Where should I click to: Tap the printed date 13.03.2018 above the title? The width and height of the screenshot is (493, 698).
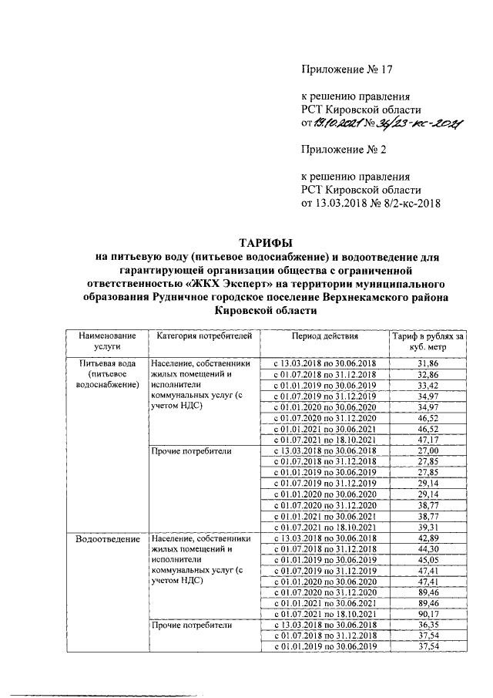pos(344,203)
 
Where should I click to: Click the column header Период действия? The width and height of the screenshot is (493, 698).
pos(324,337)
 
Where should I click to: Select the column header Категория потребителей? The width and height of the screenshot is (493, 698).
pos(203,337)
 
